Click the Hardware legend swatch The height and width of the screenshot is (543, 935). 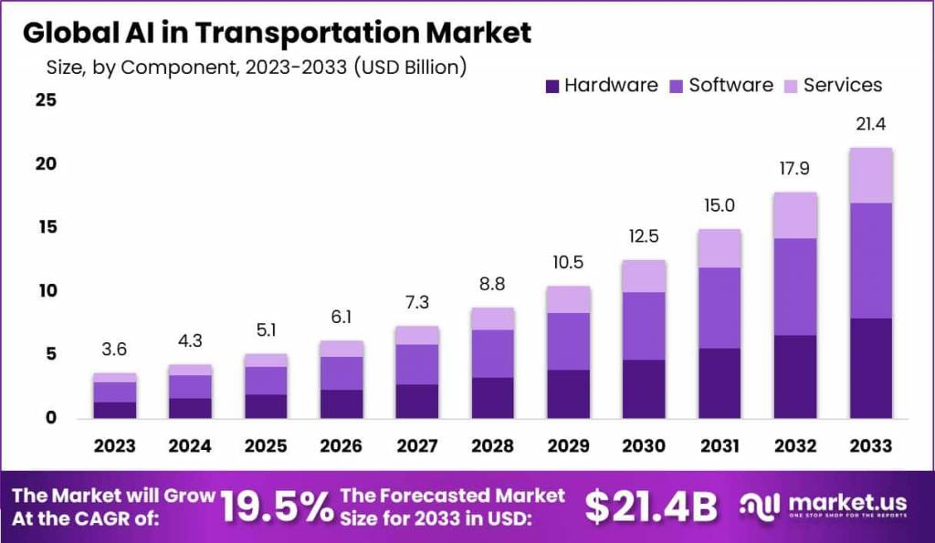click(x=552, y=86)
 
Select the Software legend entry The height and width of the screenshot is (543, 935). click(x=730, y=85)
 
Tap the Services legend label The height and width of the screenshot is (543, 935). click(x=843, y=85)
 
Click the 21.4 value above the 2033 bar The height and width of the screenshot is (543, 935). click(x=870, y=124)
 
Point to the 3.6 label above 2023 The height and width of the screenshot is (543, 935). click(x=115, y=350)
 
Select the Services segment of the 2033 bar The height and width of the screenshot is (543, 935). click(x=870, y=175)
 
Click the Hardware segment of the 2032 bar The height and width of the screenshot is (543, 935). click(x=794, y=376)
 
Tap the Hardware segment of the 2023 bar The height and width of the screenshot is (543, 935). click(x=115, y=410)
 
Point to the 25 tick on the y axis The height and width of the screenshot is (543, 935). click(x=46, y=100)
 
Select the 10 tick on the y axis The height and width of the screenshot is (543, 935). click(x=46, y=291)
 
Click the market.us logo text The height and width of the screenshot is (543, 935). click(x=849, y=501)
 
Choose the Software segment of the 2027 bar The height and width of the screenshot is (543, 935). click(x=416, y=364)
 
